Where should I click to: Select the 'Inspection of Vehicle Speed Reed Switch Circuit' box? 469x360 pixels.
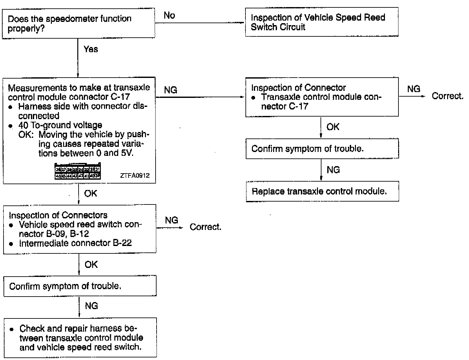[x=321, y=22]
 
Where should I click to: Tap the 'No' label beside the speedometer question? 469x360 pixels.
[x=169, y=15]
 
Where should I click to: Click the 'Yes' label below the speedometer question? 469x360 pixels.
[x=91, y=49]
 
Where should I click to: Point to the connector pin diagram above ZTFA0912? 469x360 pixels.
[x=78, y=171]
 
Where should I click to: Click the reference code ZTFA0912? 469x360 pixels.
[x=135, y=176]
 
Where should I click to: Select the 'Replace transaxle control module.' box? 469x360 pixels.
[x=322, y=192]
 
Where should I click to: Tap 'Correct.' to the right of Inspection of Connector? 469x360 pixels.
[x=447, y=96]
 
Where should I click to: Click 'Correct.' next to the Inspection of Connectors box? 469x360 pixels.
[x=206, y=227]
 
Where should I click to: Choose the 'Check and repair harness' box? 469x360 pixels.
[x=80, y=337]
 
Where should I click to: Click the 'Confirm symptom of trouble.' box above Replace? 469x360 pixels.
[x=322, y=149]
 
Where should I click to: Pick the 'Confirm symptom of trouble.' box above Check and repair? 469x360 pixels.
[x=80, y=286]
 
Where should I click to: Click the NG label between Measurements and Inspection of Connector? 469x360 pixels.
[x=171, y=90]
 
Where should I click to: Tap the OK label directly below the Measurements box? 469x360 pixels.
[x=91, y=194]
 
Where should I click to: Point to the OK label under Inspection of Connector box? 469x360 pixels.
[x=333, y=127]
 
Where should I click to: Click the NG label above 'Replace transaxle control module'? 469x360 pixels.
[x=333, y=170]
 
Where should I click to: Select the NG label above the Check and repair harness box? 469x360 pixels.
[x=91, y=306]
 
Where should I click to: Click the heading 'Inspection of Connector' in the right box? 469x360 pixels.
[x=298, y=88]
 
